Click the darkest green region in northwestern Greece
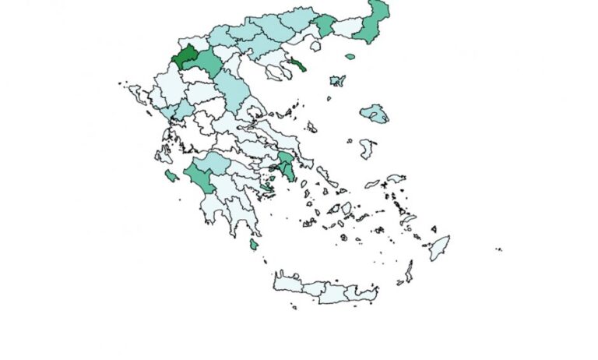[x=185, y=58]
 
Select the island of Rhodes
[x=439, y=248]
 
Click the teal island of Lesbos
[x=375, y=114]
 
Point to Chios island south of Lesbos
[x=368, y=147]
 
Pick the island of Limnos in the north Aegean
[x=337, y=80]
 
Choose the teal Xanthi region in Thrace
[x=325, y=24]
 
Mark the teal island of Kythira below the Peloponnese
[x=254, y=245]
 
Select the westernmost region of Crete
[x=286, y=282]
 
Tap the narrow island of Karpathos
[x=409, y=271]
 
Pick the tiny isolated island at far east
[x=498, y=250]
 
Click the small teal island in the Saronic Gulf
[x=267, y=187]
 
